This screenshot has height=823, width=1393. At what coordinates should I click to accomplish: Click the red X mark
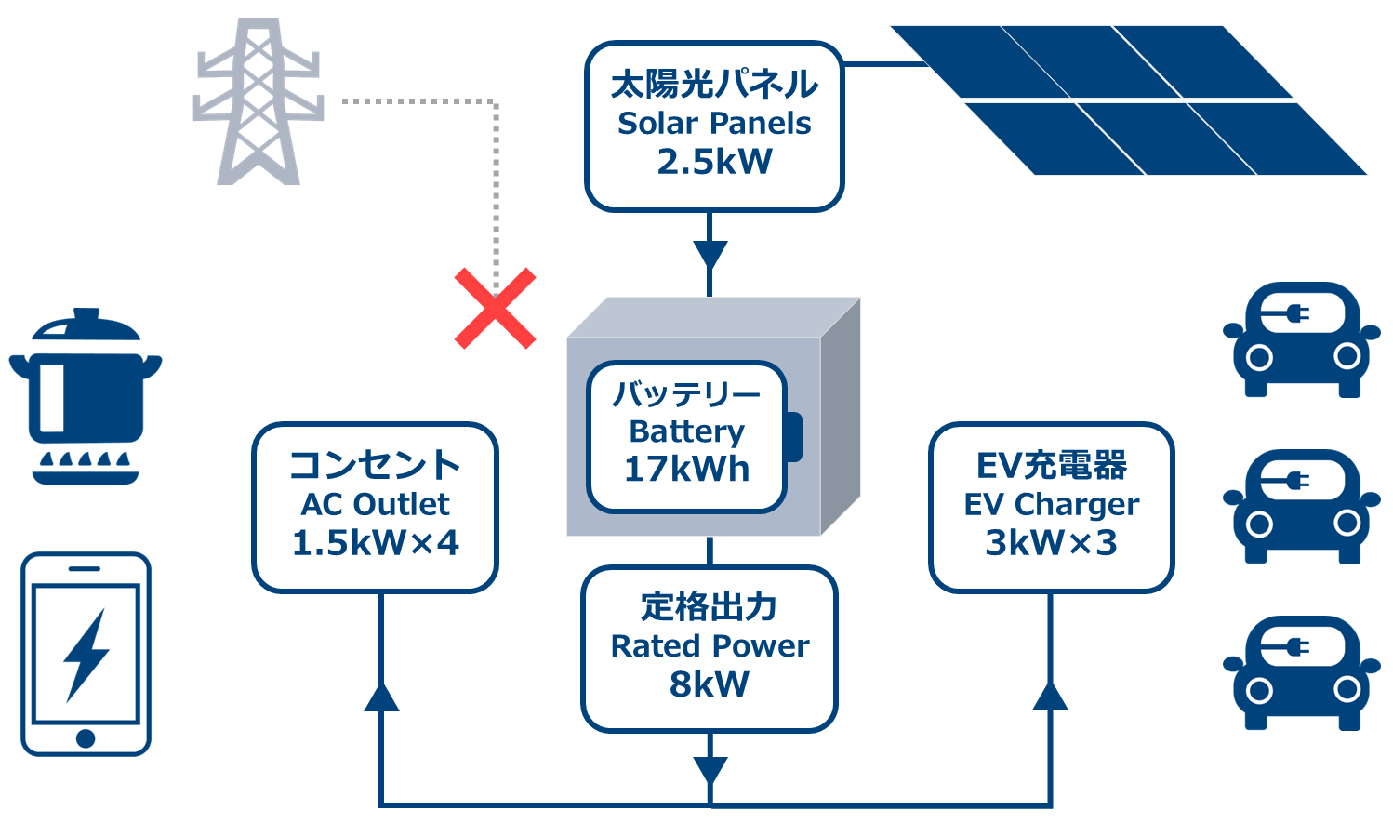click(495, 309)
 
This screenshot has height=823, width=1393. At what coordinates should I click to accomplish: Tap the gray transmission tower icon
click(259, 102)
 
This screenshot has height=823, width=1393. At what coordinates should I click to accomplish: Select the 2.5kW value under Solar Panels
click(714, 162)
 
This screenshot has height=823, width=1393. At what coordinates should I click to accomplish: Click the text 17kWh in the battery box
click(686, 470)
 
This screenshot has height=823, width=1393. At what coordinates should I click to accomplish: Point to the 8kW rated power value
click(709, 684)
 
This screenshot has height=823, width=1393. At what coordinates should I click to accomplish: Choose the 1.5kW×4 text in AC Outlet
click(375, 543)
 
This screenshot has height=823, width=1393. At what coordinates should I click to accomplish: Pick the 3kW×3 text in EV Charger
click(1051, 543)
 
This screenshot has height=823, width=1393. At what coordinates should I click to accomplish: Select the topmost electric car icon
click(1301, 339)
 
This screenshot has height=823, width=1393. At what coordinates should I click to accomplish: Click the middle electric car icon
click(1301, 507)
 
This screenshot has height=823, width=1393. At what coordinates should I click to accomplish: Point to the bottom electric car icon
click(1301, 673)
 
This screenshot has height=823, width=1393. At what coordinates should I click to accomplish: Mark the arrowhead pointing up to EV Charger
click(1051, 697)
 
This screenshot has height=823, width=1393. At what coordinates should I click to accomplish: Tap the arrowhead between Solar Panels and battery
click(710, 254)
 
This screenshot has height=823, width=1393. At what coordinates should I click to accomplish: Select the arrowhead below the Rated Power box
click(710, 770)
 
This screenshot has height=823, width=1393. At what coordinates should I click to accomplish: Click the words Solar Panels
click(714, 124)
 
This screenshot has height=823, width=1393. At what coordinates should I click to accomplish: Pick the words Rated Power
click(710, 646)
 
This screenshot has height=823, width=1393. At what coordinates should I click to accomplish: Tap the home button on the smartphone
click(86, 738)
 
